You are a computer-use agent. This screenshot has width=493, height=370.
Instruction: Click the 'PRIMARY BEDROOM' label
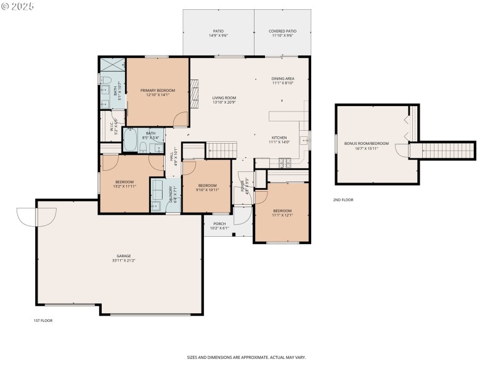click(x=157, y=91)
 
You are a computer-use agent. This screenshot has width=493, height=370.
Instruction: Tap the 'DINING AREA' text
click(x=282, y=79)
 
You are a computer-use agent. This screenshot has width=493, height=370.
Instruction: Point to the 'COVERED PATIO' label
click(x=280, y=31)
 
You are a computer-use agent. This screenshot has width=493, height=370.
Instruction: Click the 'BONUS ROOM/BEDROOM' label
click(x=366, y=144)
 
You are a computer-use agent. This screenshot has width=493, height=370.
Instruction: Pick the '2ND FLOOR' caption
click(x=343, y=200)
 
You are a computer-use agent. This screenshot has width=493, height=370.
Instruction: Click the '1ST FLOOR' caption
click(x=43, y=321)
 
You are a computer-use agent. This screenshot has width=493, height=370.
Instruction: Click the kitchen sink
click(x=304, y=141)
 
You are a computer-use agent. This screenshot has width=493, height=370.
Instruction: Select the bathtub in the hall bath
click(x=131, y=140)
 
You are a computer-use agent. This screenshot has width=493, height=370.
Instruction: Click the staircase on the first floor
click(x=222, y=149)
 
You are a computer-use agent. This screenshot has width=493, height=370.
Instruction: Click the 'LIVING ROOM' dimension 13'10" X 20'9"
click(x=224, y=102)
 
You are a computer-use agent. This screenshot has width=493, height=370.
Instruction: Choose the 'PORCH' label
click(x=219, y=224)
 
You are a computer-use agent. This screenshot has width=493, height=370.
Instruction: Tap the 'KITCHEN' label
click(x=279, y=138)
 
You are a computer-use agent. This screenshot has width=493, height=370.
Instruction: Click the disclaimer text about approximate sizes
click(x=246, y=357)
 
